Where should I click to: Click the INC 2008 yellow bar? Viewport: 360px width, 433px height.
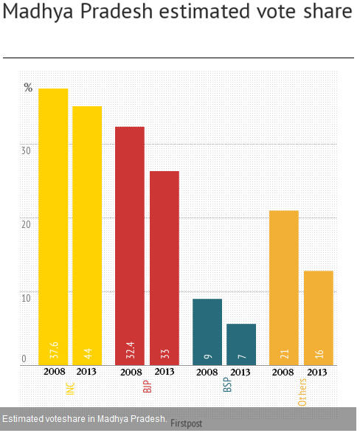pos(53,226)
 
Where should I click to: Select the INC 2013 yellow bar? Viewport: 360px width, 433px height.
pos(87,235)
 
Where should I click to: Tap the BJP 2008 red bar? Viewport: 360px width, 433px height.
pos(130,246)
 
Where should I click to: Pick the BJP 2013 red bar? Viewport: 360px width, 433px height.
pos(165,269)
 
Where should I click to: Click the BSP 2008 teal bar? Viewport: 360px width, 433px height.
pos(207,332)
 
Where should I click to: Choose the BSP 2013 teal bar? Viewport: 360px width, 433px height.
pos(241,344)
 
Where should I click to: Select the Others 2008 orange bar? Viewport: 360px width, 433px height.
pos(284,288)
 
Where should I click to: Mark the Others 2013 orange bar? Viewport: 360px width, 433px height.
pos(319,318)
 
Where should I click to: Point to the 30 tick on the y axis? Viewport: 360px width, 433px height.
pos(26,150)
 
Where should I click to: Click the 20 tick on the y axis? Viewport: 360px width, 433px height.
pos(26,224)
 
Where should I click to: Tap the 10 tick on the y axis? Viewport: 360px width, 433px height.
pos(26,298)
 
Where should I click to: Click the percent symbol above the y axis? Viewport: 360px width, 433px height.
pos(28,87)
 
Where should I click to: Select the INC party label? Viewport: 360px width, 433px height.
pos(70,388)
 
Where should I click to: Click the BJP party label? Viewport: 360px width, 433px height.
pos(147,387)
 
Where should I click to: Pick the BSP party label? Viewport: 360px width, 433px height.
pos(227,384)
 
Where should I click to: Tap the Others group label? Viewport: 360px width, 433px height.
pos(302,392)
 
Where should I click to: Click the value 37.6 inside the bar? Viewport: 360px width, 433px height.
pos(54,350)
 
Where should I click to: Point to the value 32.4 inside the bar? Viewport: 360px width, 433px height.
pos(131,350)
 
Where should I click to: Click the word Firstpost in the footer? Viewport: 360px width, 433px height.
pos(186,423)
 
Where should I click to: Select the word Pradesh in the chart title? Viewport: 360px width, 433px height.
pos(117,12)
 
